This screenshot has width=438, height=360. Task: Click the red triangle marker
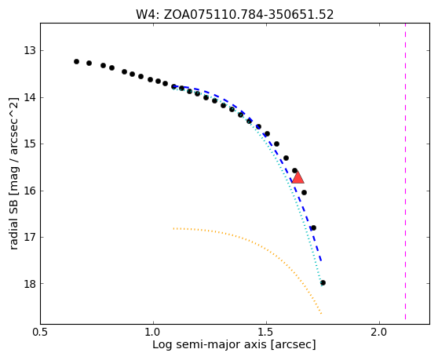(297, 178)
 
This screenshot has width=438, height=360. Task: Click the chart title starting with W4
(235, 15)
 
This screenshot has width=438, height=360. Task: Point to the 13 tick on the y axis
(30, 51)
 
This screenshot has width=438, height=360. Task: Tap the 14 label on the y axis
(30, 98)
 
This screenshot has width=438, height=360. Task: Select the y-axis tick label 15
(30, 144)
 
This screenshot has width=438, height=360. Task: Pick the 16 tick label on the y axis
(30, 191)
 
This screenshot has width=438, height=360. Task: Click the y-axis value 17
(30, 237)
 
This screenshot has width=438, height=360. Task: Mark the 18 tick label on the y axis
(30, 284)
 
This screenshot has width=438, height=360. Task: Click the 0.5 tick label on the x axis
(41, 333)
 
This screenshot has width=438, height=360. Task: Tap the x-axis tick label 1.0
(153, 333)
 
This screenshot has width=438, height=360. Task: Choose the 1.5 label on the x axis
(266, 333)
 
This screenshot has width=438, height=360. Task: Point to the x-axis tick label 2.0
(379, 333)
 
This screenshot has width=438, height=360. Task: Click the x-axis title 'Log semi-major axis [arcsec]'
(234, 344)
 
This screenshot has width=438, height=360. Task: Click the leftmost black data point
(77, 62)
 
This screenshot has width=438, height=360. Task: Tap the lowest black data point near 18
(323, 283)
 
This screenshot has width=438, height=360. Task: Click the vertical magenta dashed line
(405, 172)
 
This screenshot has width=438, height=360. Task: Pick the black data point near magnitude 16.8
(313, 228)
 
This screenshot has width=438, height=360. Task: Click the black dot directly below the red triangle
(305, 193)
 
